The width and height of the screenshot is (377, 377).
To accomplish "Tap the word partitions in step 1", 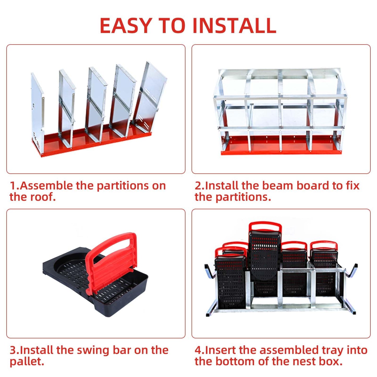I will (x=131, y=186).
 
